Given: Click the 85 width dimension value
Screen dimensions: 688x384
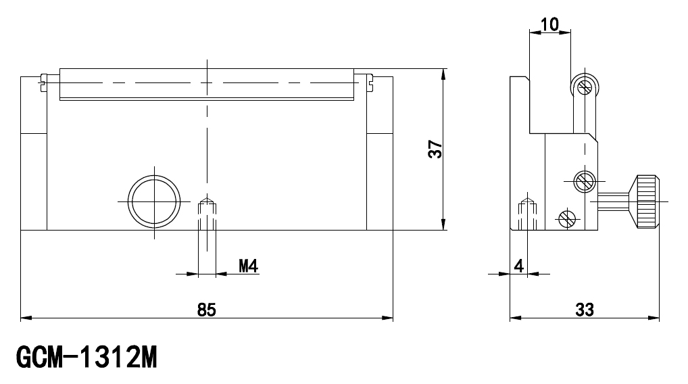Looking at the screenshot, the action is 207,310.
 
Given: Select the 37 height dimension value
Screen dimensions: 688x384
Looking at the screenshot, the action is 435,149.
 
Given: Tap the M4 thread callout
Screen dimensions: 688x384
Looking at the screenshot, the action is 248,266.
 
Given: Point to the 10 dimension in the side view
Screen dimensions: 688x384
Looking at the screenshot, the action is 549,24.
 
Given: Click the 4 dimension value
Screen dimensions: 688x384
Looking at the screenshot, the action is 519,266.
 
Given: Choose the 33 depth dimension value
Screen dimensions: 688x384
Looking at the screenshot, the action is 585,310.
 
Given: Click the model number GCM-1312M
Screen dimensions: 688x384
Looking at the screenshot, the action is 87,358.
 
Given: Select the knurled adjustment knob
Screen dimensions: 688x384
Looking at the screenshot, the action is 644,201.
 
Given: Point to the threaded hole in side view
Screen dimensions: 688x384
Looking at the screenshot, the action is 528,214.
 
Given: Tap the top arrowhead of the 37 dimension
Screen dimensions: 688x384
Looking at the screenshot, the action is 443,74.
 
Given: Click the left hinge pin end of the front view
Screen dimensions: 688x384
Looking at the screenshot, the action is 43,82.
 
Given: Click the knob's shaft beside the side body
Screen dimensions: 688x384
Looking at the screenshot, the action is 613,201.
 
